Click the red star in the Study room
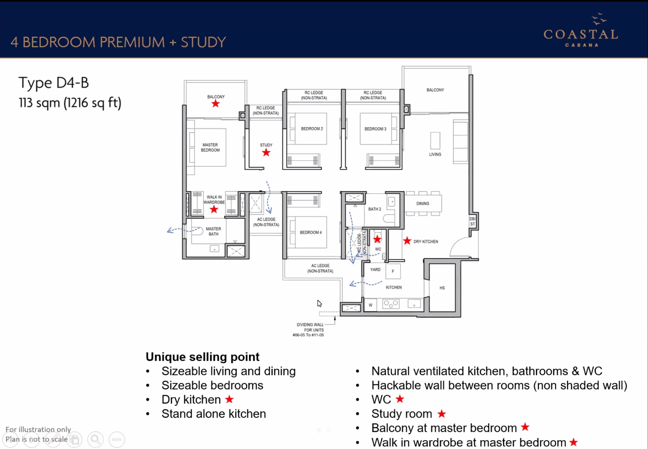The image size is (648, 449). (266, 152)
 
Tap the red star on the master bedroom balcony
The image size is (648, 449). (215, 103)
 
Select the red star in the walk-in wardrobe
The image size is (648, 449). (214, 209)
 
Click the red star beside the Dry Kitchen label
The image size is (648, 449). (407, 240)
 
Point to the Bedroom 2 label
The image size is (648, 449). (312, 128)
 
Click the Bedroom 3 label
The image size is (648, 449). (375, 129)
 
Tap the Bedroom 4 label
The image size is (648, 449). (311, 232)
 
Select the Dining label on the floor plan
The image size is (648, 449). (423, 203)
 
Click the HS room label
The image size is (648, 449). (442, 288)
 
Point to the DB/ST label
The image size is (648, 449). (472, 221)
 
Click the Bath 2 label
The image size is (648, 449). (375, 209)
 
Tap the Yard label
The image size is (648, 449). (375, 269)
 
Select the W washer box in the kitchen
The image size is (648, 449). (371, 305)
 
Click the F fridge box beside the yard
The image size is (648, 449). (393, 271)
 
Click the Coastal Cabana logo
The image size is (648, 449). (581, 30)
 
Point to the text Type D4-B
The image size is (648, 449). (53, 83)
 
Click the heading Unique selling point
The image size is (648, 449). (202, 357)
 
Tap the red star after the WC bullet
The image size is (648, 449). (400, 399)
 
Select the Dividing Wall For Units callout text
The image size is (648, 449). (308, 330)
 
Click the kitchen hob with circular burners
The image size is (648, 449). (391, 304)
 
